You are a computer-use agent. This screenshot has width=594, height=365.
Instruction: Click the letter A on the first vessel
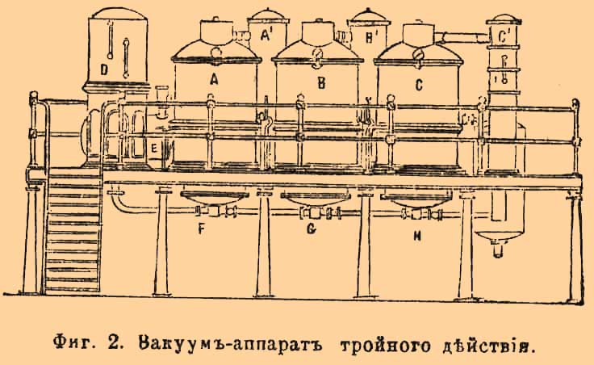tap(214, 80)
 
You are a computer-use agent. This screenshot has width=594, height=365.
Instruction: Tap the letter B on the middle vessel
tap(321, 82)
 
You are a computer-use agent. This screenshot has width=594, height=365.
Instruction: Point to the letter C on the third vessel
tap(418, 85)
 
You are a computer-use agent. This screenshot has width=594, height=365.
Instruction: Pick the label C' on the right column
tap(504, 36)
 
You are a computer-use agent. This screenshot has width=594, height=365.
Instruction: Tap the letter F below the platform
tap(202, 229)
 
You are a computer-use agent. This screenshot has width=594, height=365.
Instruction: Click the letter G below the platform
tap(311, 229)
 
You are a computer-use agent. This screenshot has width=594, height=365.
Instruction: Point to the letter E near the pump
tap(153, 149)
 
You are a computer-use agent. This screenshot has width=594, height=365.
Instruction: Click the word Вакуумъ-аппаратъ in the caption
tap(230, 344)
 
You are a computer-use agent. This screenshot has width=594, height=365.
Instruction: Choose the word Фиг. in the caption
tap(75, 344)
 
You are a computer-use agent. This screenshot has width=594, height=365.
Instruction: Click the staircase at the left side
tap(72, 235)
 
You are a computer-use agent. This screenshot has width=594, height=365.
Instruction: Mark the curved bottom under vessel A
tap(214, 199)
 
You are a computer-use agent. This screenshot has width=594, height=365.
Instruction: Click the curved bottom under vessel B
tap(315, 199)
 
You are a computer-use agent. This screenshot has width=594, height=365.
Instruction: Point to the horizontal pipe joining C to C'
tap(462, 37)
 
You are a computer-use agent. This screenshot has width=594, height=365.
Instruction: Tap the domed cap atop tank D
tap(119, 13)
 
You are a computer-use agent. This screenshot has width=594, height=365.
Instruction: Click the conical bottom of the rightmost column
tap(500, 236)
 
